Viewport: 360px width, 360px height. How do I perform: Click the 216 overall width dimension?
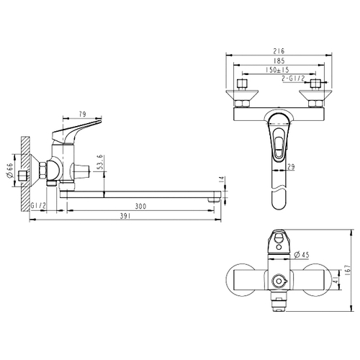pyautogui.click(x=279, y=51)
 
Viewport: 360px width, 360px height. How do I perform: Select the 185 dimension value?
pyautogui.click(x=279, y=60)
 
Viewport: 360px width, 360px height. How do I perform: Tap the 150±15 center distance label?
pyautogui.click(x=277, y=70)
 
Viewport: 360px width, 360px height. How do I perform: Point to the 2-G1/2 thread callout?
pyautogui.click(x=293, y=78)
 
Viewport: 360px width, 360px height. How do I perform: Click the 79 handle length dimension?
pyautogui.click(x=82, y=114)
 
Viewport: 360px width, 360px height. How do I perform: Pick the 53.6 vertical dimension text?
pyautogui.click(x=101, y=162)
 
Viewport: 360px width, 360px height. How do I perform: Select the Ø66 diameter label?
pyautogui.click(x=9, y=171)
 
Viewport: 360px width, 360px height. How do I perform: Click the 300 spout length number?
pyautogui.click(x=140, y=206)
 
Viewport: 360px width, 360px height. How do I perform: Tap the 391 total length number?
pyautogui.click(x=125, y=216)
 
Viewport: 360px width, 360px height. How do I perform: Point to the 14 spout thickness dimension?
pyautogui.click(x=222, y=180)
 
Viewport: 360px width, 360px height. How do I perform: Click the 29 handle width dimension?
pyautogui.click(x=291, y=166)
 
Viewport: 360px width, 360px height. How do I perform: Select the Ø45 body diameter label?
pyautogui.click(x=302, y=255)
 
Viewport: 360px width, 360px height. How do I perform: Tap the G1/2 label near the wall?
pyautogui.click(x=38, y=205)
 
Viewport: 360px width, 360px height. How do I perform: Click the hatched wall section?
pyautogui.click(x=25, y=174)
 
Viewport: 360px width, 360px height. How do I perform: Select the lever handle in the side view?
pyautogui.click(x=77, y=131)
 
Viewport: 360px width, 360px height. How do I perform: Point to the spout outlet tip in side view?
pyautogui.click(x=215, y=200)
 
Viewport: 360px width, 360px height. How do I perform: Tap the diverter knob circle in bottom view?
pyautogui.click(x=279, y=281)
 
